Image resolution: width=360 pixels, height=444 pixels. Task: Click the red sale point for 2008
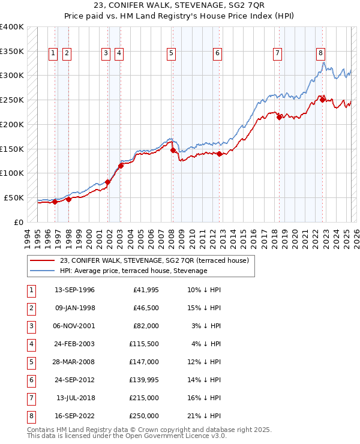pos(173,151)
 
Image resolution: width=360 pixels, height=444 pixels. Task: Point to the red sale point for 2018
pos(279,118)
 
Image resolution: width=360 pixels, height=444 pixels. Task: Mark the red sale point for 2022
pos(322,100)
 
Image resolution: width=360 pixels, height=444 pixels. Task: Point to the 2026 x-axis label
pos(355,238)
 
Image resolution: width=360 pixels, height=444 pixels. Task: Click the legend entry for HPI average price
pos(133,271)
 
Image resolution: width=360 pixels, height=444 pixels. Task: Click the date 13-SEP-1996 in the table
pos(74,290)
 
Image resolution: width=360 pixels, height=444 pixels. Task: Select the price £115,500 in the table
pos(143,344)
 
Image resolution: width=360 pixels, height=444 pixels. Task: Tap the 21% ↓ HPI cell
pos(205,416)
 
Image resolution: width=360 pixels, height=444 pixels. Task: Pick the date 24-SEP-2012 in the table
pos(74,380)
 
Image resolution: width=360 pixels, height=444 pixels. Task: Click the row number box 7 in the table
pos(31,398)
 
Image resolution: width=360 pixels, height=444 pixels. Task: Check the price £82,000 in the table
pos(146,326)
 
